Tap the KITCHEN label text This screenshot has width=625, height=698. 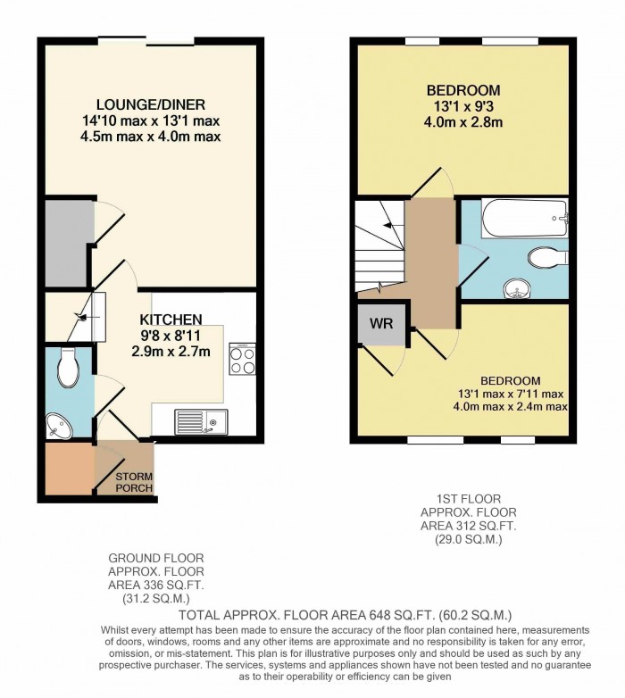[171, 319]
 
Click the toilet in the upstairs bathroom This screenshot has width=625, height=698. [546, 258]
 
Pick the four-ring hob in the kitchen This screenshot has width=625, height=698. [242, 359]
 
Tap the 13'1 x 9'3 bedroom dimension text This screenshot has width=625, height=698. [462, 106]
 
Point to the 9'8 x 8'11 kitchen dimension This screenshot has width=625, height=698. [170, 336]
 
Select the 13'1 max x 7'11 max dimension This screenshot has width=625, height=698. [508, 394]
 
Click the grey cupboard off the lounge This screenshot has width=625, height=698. [68, 244]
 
